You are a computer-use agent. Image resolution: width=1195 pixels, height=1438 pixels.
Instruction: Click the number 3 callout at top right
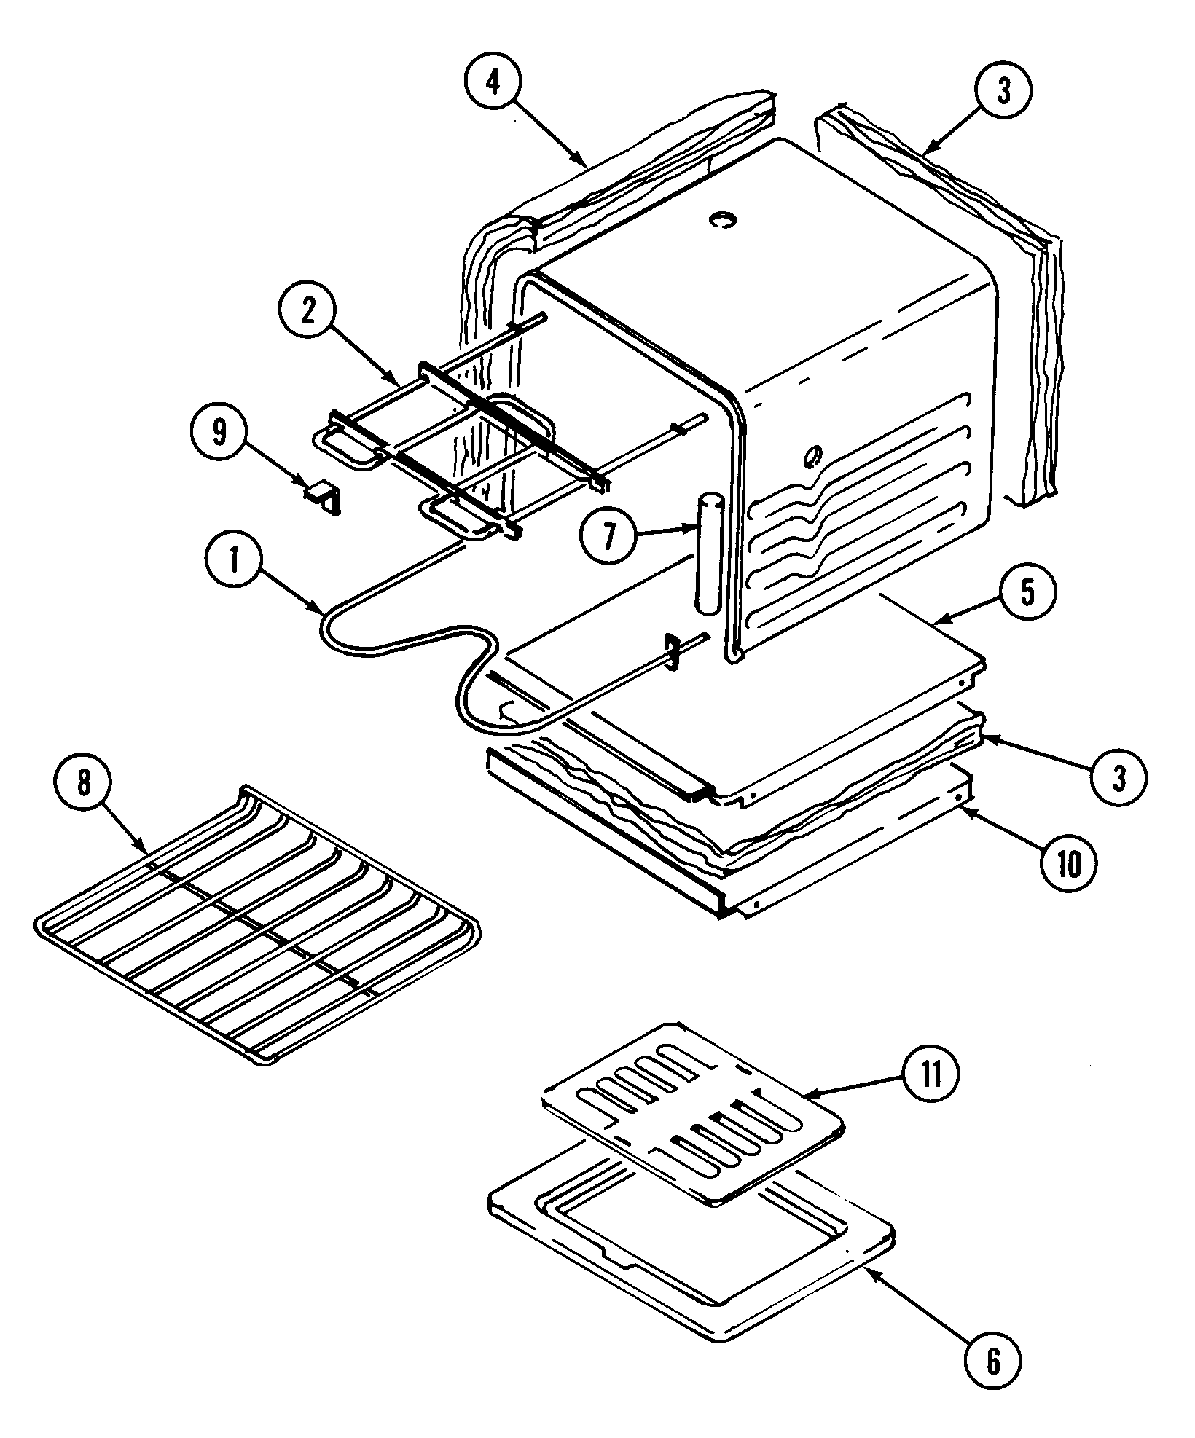(1003, 95)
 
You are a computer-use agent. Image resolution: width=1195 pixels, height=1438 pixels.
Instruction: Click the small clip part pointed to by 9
(321, 498)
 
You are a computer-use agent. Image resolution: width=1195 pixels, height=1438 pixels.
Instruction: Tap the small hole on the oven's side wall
(810, 457)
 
